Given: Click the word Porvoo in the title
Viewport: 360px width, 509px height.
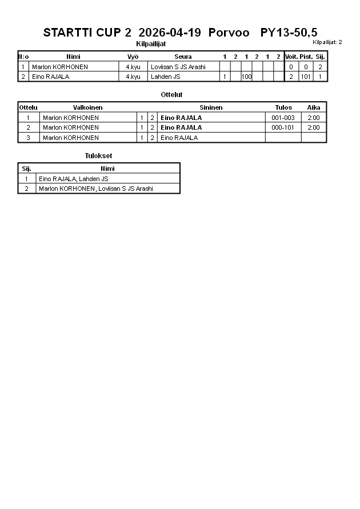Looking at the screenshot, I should click(229, 33).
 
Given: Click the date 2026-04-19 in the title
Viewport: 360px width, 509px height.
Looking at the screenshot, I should click(170, 33).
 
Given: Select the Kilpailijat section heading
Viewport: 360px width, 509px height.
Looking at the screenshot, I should click(151, 44).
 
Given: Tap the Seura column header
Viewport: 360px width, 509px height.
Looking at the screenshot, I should click(183, 57).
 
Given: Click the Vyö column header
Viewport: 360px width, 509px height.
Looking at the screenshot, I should click(133, 57).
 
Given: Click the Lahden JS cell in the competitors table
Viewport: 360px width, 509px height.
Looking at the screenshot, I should click(166, 77).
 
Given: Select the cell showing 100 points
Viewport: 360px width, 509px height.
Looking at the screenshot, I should click(246, 77).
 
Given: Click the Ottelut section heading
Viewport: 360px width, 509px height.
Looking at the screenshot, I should click(172, 95).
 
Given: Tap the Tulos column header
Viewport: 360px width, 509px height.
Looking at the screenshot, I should click(283, 107).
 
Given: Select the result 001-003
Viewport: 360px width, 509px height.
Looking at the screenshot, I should click(283, 118).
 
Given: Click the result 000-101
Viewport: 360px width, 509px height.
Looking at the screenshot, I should click(283, 127).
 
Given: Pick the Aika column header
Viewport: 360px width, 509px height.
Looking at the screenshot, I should click(314, 107).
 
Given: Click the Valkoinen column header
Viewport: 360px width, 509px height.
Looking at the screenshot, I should click(88, 107).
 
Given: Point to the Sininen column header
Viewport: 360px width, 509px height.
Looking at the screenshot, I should click(211, 107).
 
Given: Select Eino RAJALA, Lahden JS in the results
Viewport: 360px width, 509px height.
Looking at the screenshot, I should click(74, 179).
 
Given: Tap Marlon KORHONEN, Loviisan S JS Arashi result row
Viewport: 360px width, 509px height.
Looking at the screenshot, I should click(95, 189).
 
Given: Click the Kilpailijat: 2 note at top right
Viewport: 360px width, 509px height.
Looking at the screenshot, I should click(327, 42).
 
